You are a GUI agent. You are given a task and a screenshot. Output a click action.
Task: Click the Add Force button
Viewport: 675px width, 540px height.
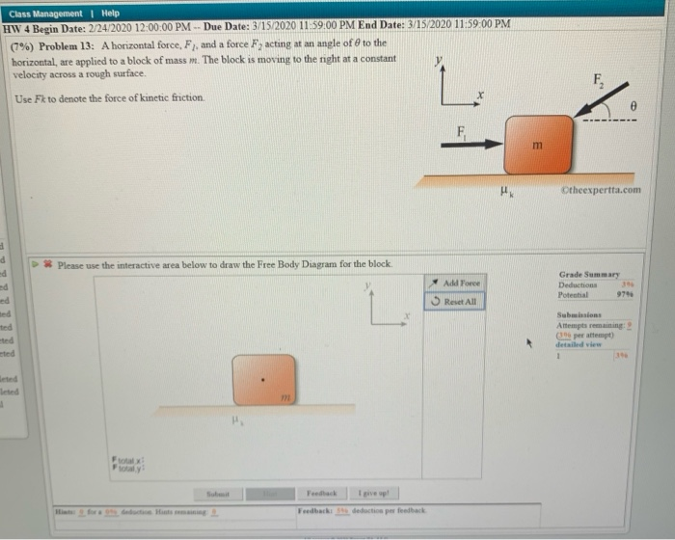(456, 282)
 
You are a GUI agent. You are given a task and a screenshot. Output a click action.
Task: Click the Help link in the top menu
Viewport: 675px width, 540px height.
(110, 13)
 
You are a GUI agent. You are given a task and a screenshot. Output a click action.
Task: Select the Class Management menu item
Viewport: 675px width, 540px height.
(45, 13)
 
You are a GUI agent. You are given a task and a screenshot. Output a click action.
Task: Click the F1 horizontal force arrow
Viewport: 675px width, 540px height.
(472, 145)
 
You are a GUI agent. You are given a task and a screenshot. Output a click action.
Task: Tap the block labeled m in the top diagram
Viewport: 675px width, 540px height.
(538, 145)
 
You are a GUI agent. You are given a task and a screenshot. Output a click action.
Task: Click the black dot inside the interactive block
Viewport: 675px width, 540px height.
(263, 379)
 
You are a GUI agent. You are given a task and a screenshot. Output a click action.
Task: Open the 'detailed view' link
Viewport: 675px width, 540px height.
(580, 343)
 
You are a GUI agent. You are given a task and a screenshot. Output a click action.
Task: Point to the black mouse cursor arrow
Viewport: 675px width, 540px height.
(527, 341)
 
